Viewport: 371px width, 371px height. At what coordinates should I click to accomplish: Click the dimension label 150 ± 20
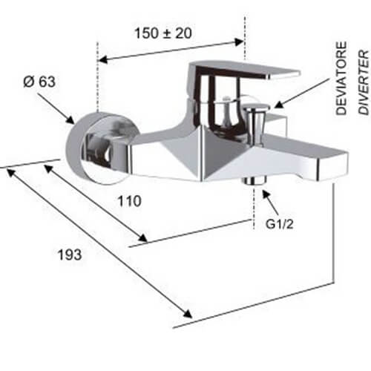163,33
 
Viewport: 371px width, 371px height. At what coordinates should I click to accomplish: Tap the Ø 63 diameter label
39,82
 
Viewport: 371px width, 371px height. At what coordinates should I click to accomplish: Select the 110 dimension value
129,201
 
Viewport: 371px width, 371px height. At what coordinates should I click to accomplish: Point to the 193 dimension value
70,255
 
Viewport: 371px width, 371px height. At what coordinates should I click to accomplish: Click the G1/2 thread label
280,224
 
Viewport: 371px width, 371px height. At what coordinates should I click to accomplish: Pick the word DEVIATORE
341,78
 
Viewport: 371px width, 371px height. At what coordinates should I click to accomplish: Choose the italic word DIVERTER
364,82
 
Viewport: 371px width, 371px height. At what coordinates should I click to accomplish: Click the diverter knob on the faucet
256,116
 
